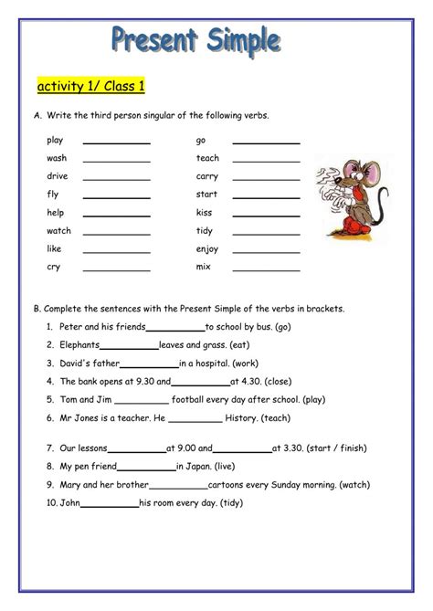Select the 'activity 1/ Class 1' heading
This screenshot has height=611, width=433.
[90, 87]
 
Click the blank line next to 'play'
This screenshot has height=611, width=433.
[116, 142]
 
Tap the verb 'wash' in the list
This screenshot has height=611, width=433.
[57, 158]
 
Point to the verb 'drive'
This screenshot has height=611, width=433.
[57, 176]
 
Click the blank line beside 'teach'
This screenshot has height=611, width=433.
[266, 160]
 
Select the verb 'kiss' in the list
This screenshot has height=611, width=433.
[205, 212]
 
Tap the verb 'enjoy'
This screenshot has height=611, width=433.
[207, 248]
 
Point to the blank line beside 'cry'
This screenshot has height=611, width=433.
[116, 269]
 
